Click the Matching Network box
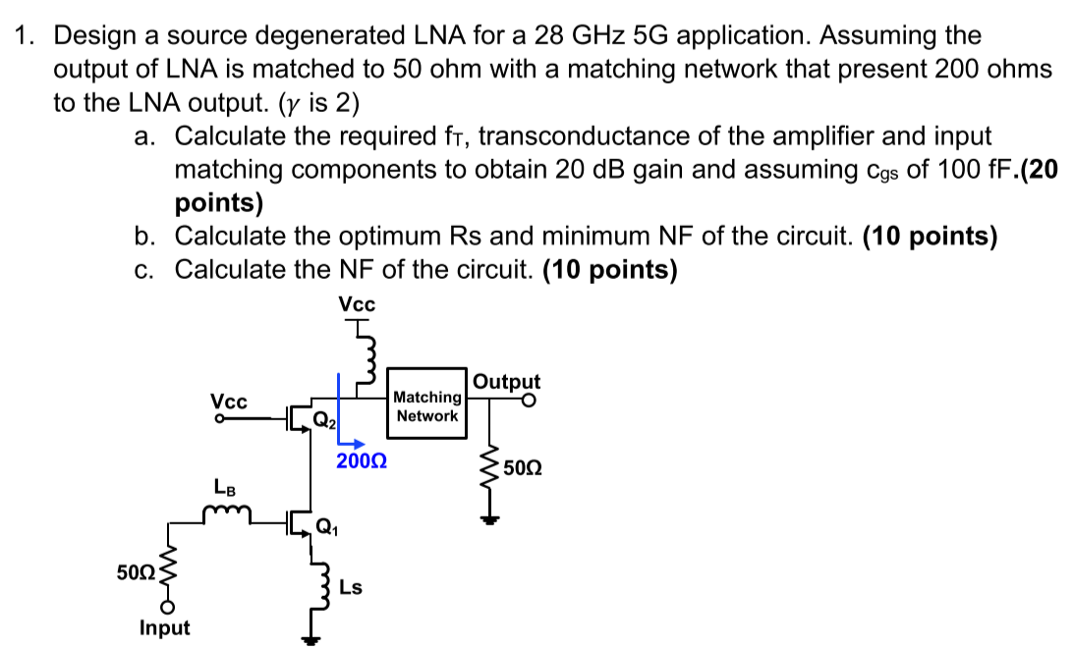click(x=426, y=406)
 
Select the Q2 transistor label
click(x=324, y=423)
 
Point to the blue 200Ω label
click(x=361, y=460)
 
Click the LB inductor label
click(x=224, y=486)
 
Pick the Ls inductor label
click(x=351, y=588)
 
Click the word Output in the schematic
click(x=506, y=382)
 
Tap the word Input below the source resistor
click(x=165, y=627)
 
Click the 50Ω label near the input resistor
click(x=133, y=572)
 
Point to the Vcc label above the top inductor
click(x=356, y=304)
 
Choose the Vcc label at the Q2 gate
click(x=229, y=402)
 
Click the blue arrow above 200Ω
click(x=353, y=443)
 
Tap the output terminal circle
click(x=530, y=401)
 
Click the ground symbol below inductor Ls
click(x=312, y=640)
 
